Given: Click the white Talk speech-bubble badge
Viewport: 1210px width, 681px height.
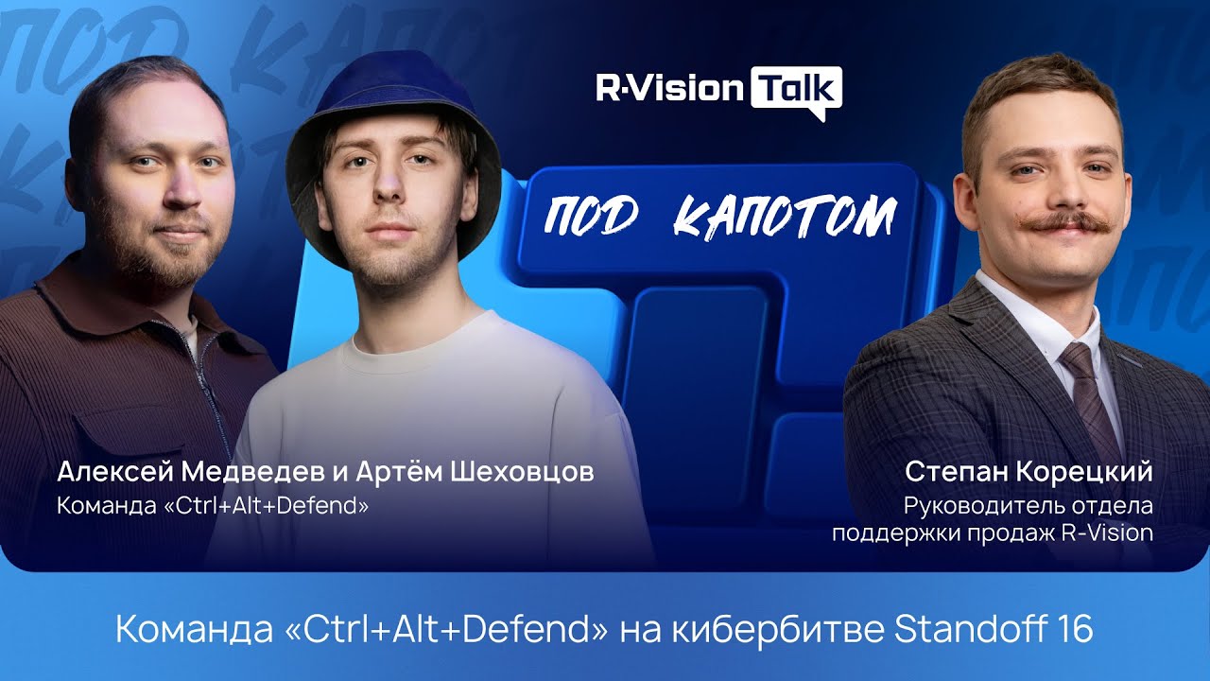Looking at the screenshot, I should point(795,90).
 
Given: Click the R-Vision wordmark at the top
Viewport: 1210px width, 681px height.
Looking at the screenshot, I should point(667,89).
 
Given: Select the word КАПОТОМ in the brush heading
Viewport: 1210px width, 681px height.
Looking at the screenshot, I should point(784,217).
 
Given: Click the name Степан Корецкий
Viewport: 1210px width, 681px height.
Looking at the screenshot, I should point(1028,471).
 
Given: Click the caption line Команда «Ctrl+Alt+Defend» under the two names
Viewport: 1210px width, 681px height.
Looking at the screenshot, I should point(213,506).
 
